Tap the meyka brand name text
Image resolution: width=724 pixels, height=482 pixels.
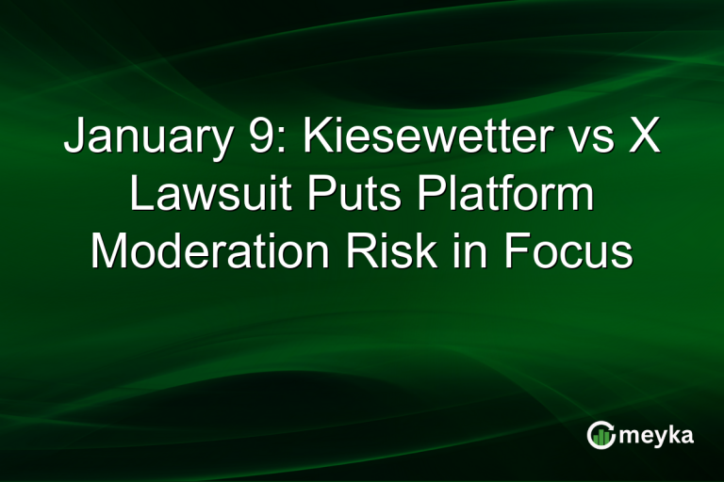(656, 435)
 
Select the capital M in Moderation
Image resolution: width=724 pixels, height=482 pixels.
(109, 251)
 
